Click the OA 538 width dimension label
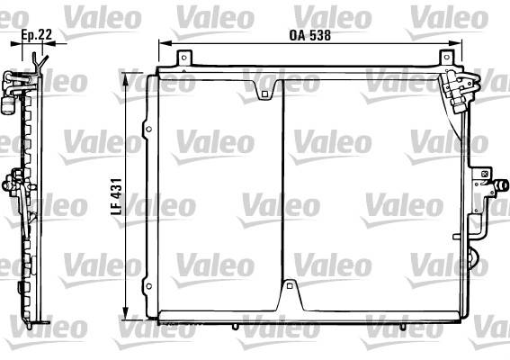[x=310, y=35]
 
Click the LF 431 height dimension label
[x=116, y=196]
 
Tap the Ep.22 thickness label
[x=36, y=34]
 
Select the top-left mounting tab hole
[x=184, y=58]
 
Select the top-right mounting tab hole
[x=447, y=58]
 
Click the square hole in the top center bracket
[x=264, y=94]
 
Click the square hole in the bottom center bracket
[x=290, y=286]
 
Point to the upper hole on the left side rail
[x=149, y=130]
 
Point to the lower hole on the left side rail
[x=149, y=286]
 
